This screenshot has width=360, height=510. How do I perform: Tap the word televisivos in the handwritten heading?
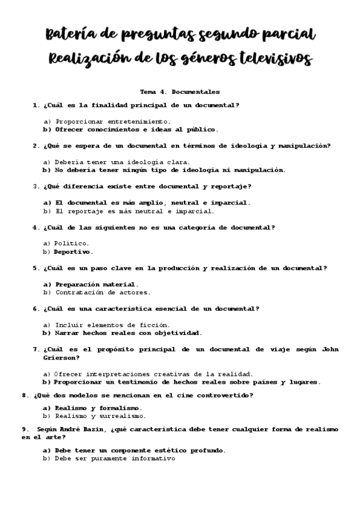[276, 60]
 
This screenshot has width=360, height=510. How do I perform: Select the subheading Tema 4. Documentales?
[180, 92]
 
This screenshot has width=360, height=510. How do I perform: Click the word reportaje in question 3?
[224, 186]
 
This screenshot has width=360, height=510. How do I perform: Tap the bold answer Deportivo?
[73, 252]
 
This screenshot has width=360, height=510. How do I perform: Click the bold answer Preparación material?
[96, 284]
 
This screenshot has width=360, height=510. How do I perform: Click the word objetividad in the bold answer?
[177, 333]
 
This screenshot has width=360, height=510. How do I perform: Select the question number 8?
[24, 395]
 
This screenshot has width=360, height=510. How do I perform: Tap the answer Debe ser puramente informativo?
[114, 458]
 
